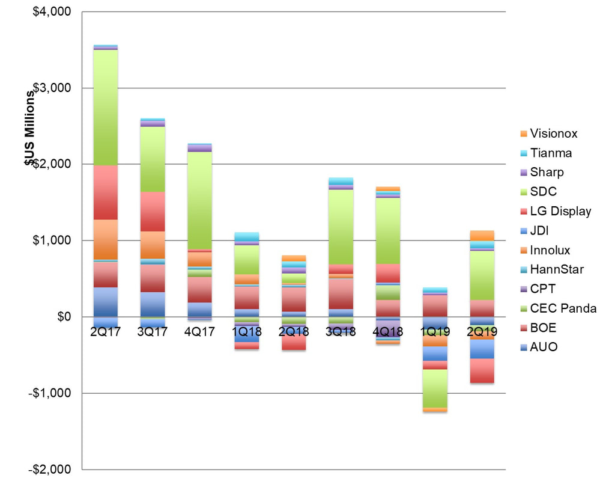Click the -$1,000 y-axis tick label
pyautogui.click(x=51, y=393)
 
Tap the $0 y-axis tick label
pyautogui.click(x=62, y=317)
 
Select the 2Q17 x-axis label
pyautogui.click(x=106, y=332)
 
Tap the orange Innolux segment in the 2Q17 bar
pyautogui.click(x=106, y=239)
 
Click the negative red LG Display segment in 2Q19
pyautogui.click(x=482, y=370)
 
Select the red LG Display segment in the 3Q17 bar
pyautogui.click(x=153, y=211)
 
